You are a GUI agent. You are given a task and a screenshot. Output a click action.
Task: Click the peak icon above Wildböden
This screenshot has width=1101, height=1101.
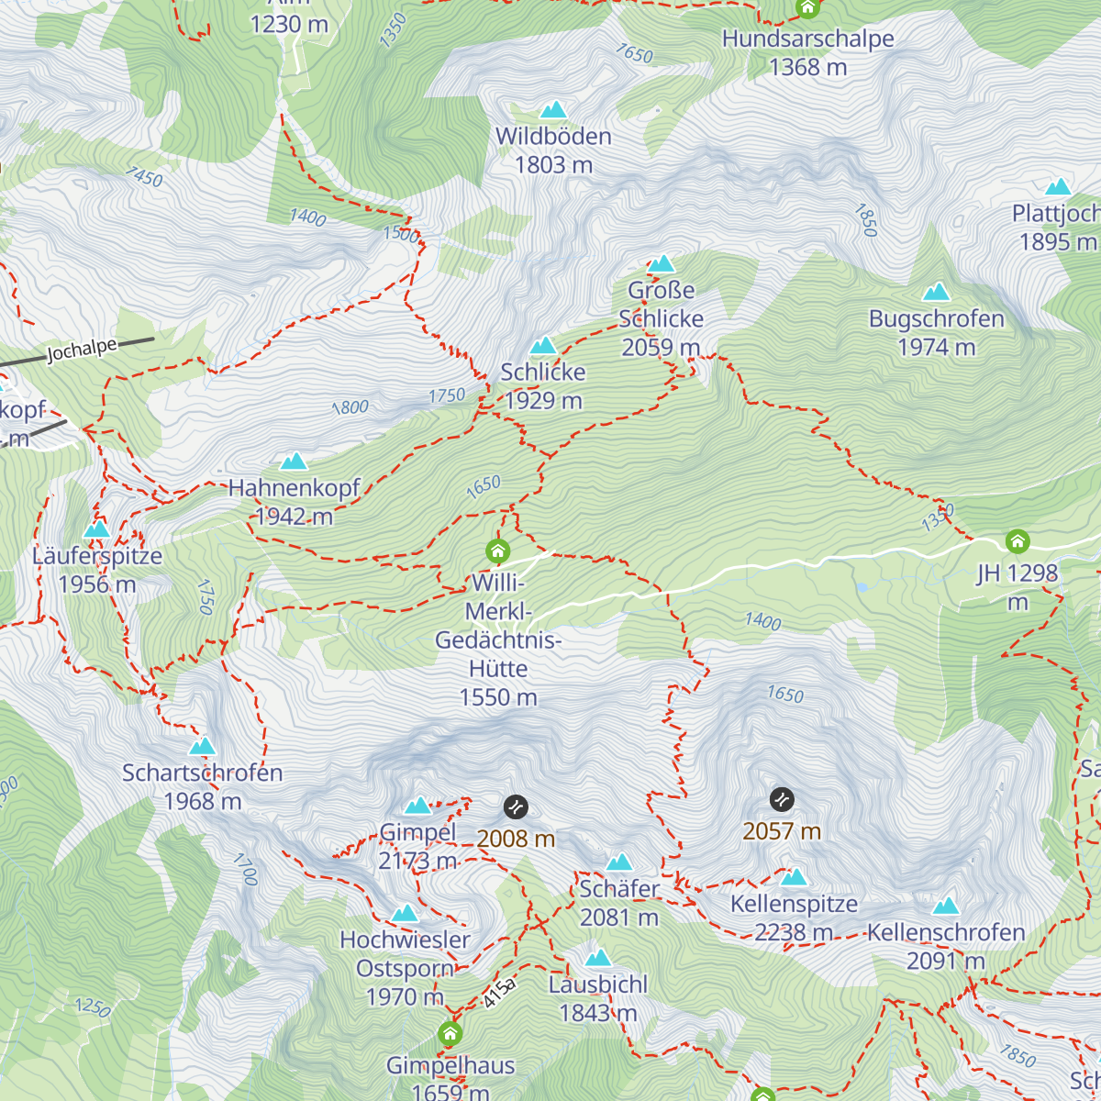point(552,110)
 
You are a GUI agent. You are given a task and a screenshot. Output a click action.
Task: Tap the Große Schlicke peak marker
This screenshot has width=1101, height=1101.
point(662,264)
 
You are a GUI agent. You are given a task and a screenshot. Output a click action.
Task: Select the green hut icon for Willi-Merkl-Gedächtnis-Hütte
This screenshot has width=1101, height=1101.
point(497,550)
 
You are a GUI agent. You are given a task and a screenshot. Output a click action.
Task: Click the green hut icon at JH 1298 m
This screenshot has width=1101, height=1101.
point(1017,541)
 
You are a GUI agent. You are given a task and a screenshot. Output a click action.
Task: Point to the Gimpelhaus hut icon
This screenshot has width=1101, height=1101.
point(450,1034)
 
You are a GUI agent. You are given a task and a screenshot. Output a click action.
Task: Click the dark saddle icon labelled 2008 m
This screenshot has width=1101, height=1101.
point(516,807)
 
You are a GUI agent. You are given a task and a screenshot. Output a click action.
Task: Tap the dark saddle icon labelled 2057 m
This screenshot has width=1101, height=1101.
point(782,799)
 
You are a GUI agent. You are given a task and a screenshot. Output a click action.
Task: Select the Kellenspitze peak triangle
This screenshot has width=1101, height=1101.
point(794,877)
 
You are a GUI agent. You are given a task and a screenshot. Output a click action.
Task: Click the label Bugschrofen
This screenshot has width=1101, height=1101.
point(937,318)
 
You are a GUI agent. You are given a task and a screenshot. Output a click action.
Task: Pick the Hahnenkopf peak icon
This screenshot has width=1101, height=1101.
point(294,461)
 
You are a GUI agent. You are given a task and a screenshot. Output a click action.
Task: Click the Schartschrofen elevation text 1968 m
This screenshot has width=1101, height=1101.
point(203,801)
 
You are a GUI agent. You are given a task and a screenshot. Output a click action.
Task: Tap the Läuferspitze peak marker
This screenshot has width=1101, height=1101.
point(96,529)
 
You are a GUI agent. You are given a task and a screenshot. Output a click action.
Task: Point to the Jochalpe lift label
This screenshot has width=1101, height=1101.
point(83,350)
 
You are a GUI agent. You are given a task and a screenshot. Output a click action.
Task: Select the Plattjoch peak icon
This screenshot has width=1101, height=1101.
point(1058,187)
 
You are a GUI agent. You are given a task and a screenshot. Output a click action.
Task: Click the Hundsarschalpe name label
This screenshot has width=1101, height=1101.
point(807,39)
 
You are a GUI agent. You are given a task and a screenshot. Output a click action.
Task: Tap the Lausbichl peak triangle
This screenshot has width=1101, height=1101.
point(598,959)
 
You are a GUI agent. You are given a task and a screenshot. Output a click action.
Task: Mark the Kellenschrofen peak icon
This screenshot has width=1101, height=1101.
point(946,906)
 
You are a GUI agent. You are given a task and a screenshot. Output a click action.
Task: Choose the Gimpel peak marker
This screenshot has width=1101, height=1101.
point(418,806)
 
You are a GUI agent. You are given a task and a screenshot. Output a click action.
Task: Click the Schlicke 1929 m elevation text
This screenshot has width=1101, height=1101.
point(542,401)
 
